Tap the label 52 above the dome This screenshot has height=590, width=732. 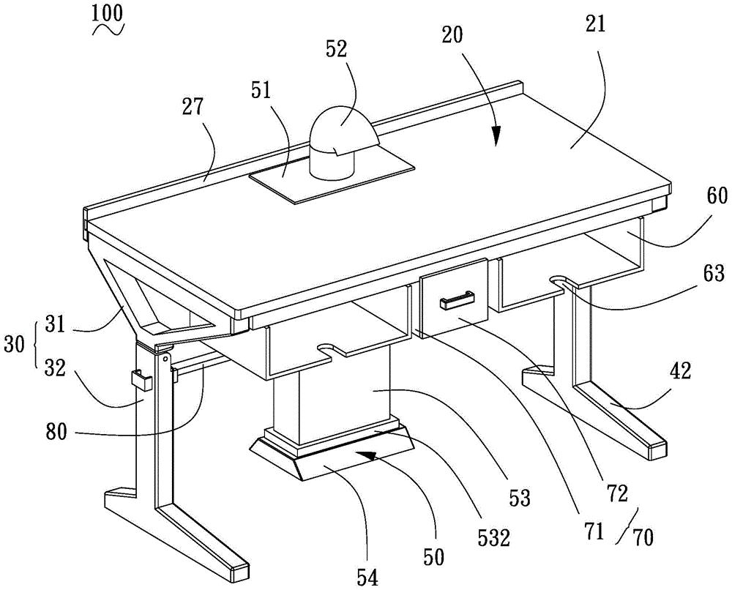point(339,49)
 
